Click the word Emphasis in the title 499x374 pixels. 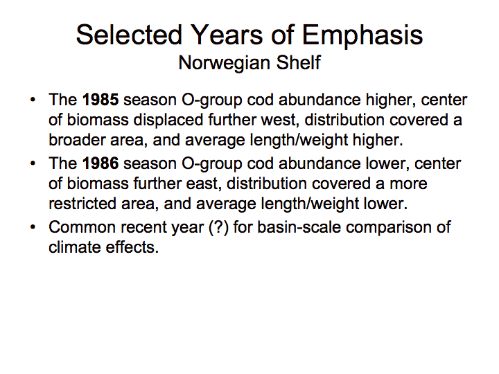(362, 35)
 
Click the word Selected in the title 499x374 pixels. (129, 35)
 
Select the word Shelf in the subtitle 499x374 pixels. (299, 62)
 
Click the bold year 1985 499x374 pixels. (100, 100)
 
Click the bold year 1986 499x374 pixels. (100, 163)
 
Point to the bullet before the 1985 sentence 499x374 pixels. (33, 100)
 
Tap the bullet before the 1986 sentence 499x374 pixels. (33, 163)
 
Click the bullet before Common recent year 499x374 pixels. (33, 227)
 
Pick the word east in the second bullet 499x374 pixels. (204, 184)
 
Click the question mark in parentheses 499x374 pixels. (218, 227)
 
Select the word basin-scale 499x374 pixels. (299, 227)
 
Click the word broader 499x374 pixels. (77, 140)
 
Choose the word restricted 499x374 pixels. (82, 203)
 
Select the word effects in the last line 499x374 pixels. (132, 247)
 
